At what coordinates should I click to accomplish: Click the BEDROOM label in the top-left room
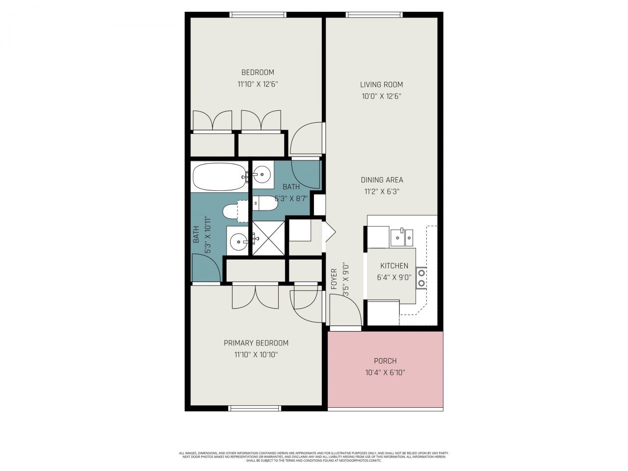pos(258,73)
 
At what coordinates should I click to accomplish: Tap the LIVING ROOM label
pos(381,84)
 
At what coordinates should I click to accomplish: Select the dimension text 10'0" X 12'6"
pos(381,97)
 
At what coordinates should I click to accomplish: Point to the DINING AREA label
pos(382,180)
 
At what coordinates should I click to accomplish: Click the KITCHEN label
pos(394,266)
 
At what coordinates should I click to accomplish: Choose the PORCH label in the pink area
pos(385,361)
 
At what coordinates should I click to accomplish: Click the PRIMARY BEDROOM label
pos(256,343)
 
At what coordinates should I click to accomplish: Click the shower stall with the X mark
pos(268,237)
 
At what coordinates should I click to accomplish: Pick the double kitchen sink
pos(402,237)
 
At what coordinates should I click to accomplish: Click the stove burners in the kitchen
pos(421,278)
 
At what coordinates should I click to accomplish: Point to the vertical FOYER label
pos(334,279)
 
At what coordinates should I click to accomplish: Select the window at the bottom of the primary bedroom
pos(255,408)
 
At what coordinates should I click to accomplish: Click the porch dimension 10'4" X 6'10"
pos(385,373)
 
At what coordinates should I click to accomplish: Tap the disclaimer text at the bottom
pos(314,457)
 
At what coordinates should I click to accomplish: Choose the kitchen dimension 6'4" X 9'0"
pos(394,277)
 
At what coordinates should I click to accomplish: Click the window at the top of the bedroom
pos(258,15)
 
